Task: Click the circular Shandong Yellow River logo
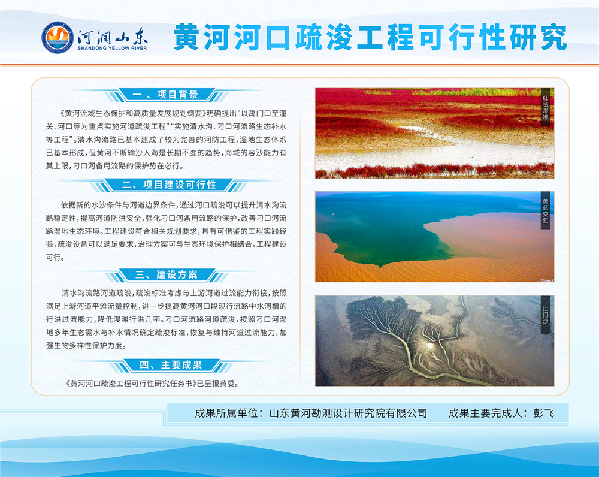pyautogui.click(x=58, y=37)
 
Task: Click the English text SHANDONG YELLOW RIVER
pyautogui.click(x=113, y=48)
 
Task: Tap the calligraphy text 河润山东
pyautogui.click(x=113, y=37)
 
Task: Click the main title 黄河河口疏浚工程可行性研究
pyautogui.click(x=370, y=37)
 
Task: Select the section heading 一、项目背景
pyautogui.click(x=165, y=95)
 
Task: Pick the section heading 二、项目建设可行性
pyautogui.click(x=169, y=185)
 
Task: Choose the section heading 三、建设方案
pyautogui.click(x=166, y=275)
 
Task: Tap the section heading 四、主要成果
pyautogui.click(x=170, y=364)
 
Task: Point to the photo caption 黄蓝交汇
pyautogui.click(x=546, y=210)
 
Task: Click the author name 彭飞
pyautogui.click(x=544, y=413)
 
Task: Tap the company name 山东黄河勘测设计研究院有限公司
pyautogui.click(x=348, y=413)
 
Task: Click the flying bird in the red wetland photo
pyautogui.click(x=473, y=156)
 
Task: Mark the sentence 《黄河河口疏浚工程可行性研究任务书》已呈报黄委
pyautogui.click(x=152, y=384)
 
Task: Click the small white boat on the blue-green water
pyautogui.click(x=332, y=214)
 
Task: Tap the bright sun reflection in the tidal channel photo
pyautogui.click(x=429, y=345)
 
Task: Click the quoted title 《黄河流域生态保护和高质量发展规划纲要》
pyautogui.click(x=134, y=113)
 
